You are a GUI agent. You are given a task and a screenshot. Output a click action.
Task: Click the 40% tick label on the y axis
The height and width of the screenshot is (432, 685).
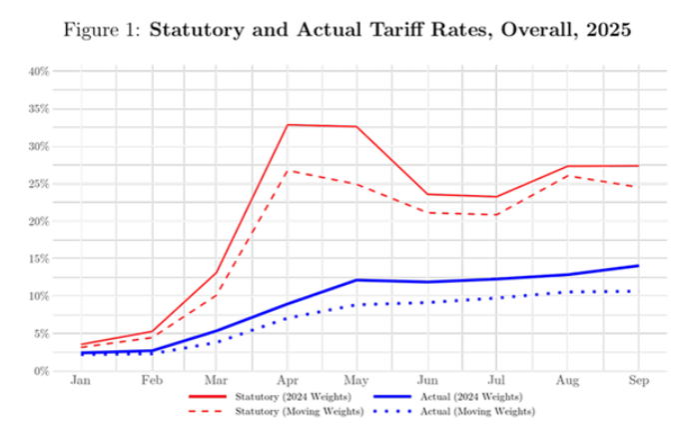[38, 71]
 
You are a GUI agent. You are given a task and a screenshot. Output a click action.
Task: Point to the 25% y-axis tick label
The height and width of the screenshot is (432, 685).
[38, 183]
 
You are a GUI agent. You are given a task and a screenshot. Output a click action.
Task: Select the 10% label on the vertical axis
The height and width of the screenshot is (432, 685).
[38, 296]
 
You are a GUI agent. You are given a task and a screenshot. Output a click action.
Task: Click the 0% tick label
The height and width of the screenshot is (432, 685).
[41, 371]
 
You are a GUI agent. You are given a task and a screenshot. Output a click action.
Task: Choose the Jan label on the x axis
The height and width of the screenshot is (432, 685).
[83, 382]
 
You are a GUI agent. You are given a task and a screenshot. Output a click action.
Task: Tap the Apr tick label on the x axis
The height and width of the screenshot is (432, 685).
[288, 382]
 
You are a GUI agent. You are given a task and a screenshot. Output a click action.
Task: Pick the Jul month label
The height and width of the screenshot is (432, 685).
[496, 382]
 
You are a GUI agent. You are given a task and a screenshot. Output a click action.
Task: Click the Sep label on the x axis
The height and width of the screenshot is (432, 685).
[637, 382]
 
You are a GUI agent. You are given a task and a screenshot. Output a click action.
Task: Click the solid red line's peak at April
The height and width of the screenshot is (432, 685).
[288, 125]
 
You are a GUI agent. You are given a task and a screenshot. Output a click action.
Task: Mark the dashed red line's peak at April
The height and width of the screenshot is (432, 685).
[288, 170]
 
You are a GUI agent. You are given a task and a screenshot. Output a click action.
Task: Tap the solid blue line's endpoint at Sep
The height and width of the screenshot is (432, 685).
[637, 266]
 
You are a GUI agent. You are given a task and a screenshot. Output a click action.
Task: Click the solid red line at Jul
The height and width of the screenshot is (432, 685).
[496, 197]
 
